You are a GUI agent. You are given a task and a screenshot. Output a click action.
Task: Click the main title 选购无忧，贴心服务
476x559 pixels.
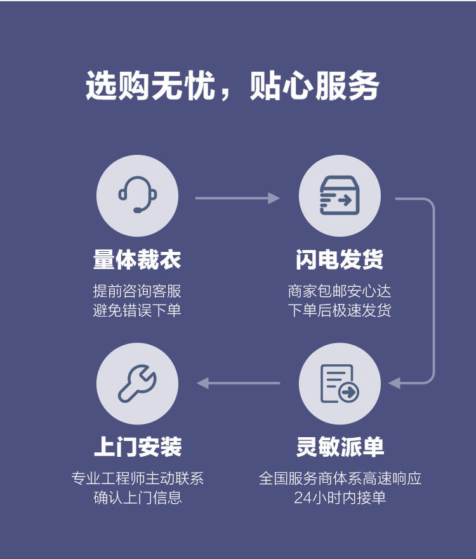(232, 86)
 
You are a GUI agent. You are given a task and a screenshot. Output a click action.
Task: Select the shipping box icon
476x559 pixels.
(340, 195)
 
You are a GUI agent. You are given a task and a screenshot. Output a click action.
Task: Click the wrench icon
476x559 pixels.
(137, 384)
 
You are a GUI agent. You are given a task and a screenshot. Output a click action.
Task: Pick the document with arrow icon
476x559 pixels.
(340, 384)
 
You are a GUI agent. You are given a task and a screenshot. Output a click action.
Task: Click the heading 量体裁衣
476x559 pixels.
(137, 259)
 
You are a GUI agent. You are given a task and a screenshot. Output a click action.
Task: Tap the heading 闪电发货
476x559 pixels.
(340, 259)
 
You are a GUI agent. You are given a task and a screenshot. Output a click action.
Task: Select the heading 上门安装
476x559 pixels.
(138, 446)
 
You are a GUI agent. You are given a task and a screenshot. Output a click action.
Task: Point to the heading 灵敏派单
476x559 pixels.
(340, 446)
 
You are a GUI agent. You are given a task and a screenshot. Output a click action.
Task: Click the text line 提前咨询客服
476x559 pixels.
(137, 291)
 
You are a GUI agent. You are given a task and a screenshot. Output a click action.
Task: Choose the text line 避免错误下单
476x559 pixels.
(137, 310)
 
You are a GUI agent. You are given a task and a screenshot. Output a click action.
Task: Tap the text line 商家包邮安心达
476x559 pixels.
(340, 291)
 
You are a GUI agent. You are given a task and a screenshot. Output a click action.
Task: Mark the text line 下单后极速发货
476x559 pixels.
(340, 310)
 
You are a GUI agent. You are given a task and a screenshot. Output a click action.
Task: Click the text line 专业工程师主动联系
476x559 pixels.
(138, 478)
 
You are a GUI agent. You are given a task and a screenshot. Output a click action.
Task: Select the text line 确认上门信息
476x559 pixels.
(138, 497)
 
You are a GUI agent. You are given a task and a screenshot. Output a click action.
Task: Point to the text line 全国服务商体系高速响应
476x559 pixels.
(340, 478)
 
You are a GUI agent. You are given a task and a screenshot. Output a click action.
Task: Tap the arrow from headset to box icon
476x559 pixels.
(237, 198)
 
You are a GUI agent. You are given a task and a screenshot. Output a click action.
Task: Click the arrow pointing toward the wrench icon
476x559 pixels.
(238, 383)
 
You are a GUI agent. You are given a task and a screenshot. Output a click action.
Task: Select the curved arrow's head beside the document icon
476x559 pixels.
(394, 383)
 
